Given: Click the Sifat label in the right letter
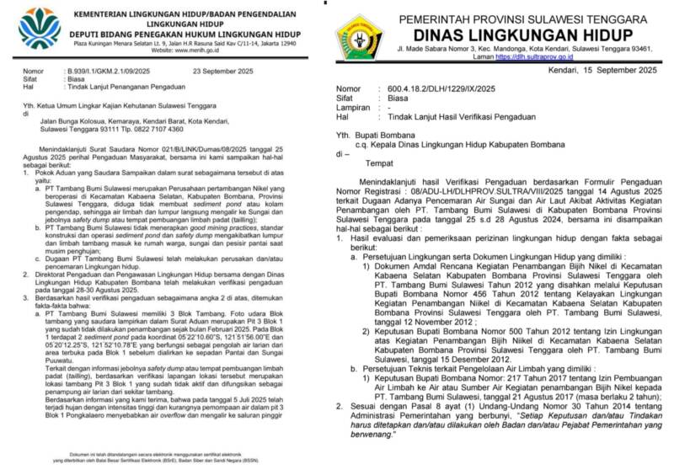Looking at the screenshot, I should [x=346, y=99].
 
